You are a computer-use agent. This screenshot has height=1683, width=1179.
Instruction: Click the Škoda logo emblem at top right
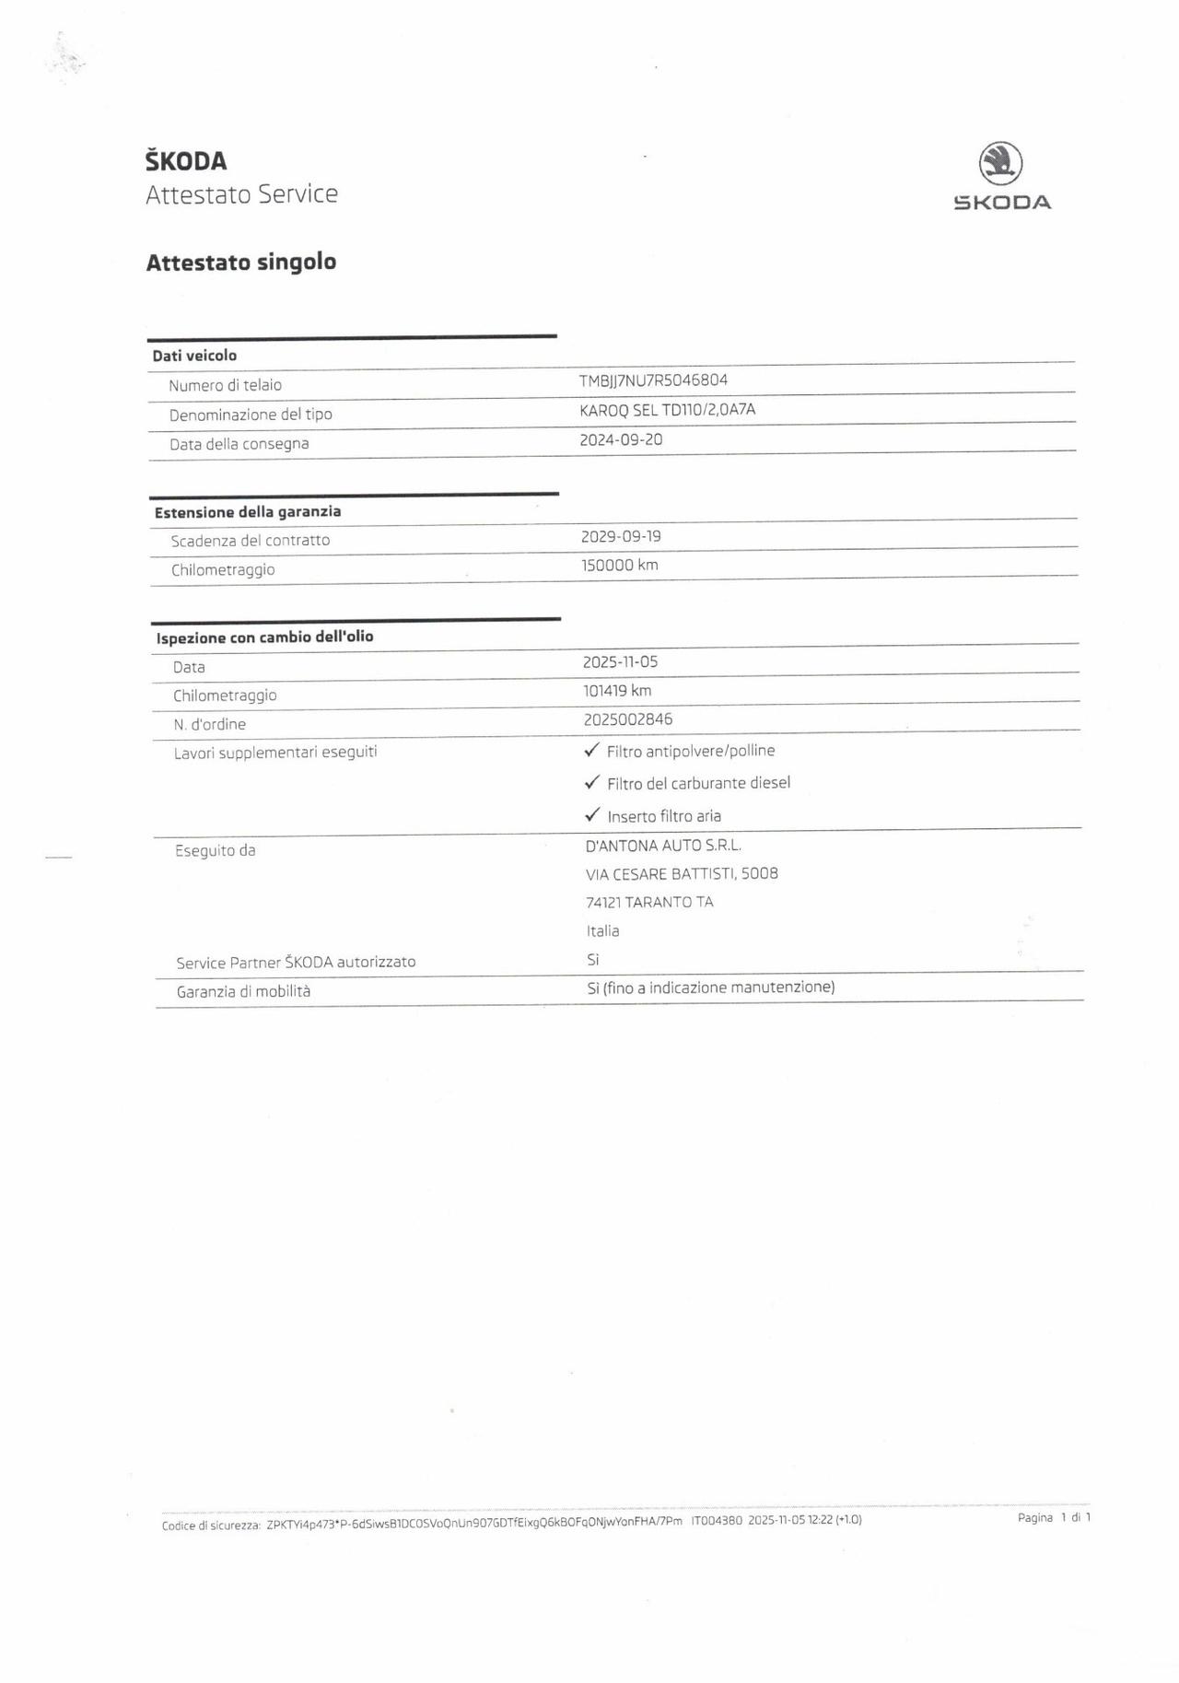coord(1000,163)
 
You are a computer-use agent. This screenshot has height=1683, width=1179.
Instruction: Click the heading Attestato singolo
coord(240,263)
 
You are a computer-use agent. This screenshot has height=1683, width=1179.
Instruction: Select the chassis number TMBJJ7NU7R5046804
coord(653,380)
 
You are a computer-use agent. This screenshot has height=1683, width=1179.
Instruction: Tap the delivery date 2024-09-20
coord(621,439)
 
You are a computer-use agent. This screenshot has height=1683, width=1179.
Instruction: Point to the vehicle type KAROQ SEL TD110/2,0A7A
coord(667,410)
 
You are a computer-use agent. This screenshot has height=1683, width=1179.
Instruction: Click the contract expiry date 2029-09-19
coord(621,536)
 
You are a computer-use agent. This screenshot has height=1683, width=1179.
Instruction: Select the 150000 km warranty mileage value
coord(619,565)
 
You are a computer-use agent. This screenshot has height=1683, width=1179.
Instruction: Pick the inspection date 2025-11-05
coord(620,661)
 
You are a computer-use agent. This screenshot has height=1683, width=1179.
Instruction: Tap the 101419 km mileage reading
coord(616,690)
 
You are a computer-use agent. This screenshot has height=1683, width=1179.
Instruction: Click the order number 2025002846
coord(627,719)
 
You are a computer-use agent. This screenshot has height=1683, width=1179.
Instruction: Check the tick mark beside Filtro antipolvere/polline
coord(592,750)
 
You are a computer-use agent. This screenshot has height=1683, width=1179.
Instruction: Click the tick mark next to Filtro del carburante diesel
coord(592,782)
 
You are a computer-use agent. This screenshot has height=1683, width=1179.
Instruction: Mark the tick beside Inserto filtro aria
coord(592,814)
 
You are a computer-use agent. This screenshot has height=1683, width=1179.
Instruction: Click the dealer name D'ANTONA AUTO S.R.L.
coord(663,845)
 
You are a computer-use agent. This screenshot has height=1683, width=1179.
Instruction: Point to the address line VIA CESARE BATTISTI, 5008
coord(682,873)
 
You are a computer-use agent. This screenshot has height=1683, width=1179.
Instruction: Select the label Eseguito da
coord(215,850)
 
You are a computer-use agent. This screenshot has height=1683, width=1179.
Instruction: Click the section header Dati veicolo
coord(194,356)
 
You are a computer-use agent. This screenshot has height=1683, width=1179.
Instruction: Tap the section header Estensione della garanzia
coord(248,512)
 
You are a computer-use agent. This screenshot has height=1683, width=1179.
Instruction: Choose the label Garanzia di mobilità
coord(243,991)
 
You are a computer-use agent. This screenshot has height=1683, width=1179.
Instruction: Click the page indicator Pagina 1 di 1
coord(1054,1517)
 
